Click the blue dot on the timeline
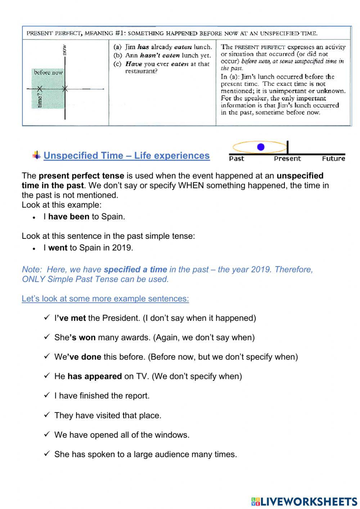pyautogui.click(x=261, y=147)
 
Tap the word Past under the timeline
pyautogui.click(x=237, y=158)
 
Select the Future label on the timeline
pyautogui.click(x=333, y=158)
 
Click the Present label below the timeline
pyautogui.click(x=287, y=158)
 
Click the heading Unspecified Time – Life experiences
pyautogui.click(x=126, y=156)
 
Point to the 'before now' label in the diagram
pyautogui.click(x=48, y=72)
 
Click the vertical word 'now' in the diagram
pyautogui.click(x=64, y=49)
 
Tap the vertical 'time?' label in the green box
pyautogui.click(x=40, y=100)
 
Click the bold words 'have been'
pyautogui.click(x=68, y=217)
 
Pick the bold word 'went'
pyautogui.click(x=58, y=248)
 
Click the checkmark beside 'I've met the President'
pyautogui.click(x=47, y=318)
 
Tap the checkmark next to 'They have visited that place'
pyautogui.click(x=47, y=415)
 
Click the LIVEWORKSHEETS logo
pyautogui.click(x=304, y=501)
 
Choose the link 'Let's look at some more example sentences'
pyautogui.click(x=105, y=299)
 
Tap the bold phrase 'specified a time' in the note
pyautogui.click(x=135, y=269)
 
